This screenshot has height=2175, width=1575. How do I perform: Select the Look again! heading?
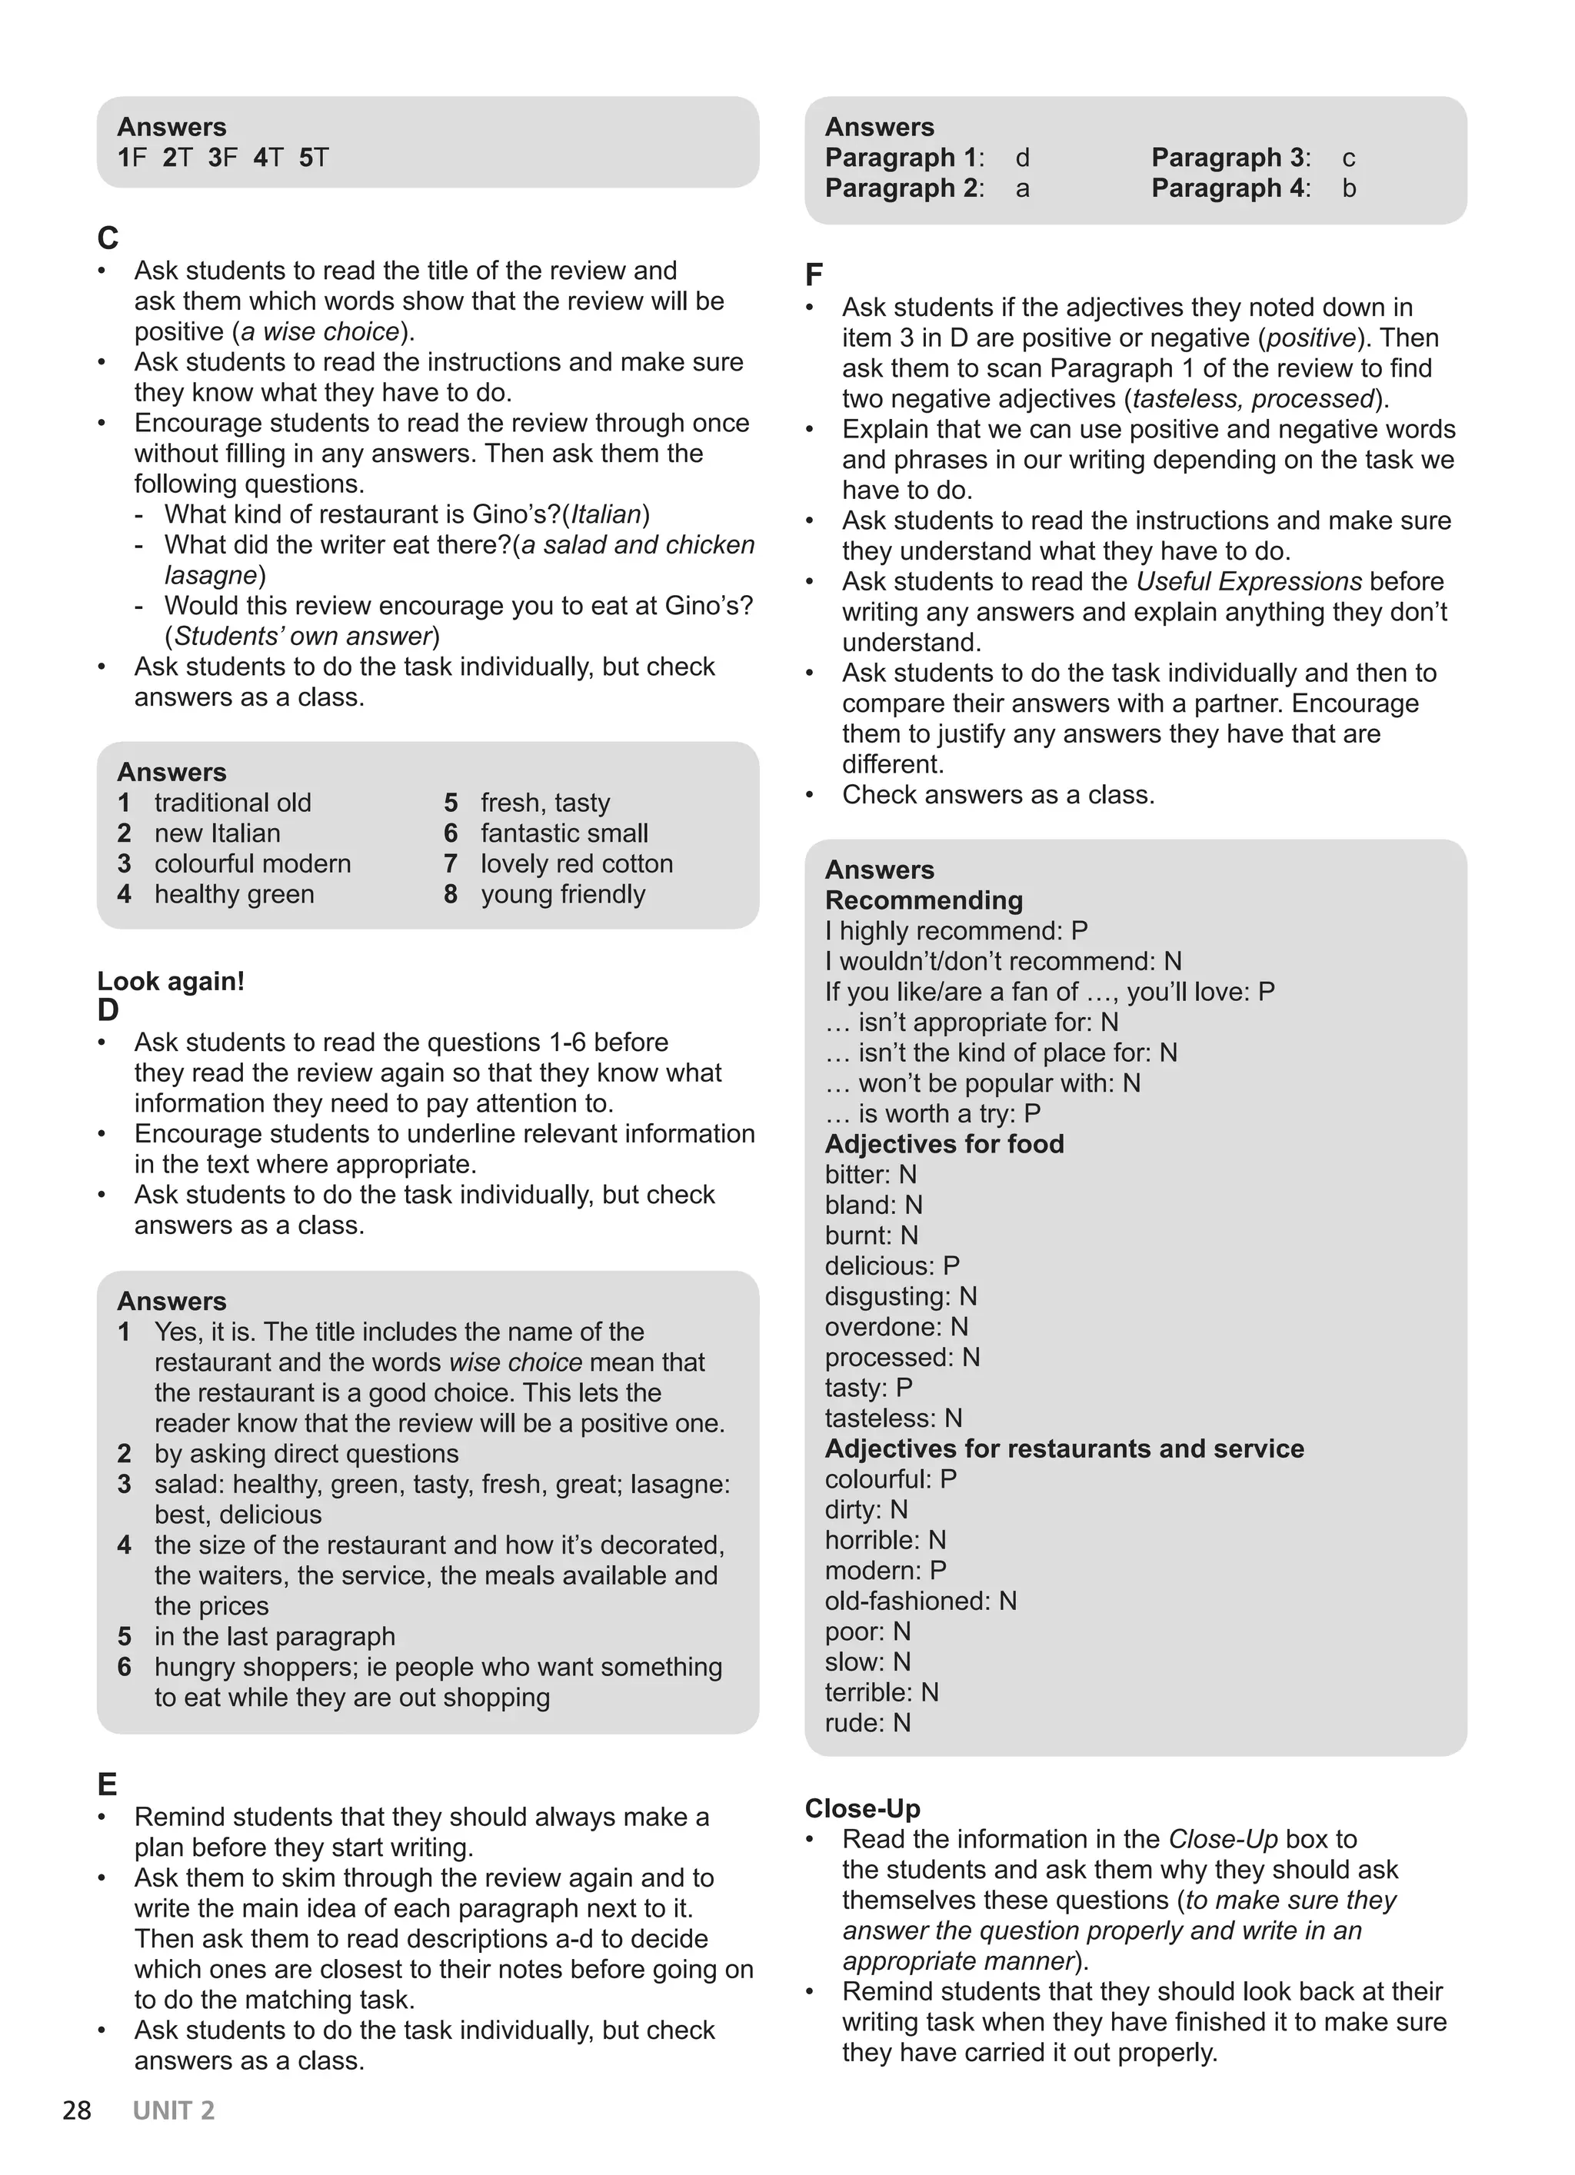tap(171, 981)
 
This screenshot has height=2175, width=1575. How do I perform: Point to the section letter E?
tap(108, 1784)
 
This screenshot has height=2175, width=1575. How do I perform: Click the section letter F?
tap(814, 275)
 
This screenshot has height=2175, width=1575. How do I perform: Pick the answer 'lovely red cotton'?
tap(577, 863)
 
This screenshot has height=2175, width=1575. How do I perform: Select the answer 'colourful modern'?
tap(252, 863)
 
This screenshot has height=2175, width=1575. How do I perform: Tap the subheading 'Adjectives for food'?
tap(944, 1143)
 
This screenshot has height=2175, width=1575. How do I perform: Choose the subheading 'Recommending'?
tap(924, 900)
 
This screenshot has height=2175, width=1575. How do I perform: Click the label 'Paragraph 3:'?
tap(1230, 158)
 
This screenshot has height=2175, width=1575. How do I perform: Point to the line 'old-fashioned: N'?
tap(921, 1601)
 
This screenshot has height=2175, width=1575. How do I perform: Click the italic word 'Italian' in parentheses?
tap(606, 514)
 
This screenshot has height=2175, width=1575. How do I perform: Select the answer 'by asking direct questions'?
tap(306, 1453)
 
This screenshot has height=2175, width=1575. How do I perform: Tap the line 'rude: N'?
tap(867, 1722)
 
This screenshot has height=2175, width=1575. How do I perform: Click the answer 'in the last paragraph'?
tap(275, 1636)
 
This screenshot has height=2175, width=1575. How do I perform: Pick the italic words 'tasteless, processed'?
tap(1254, 398)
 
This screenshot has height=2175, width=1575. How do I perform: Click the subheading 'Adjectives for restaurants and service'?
tap(1064, 1448)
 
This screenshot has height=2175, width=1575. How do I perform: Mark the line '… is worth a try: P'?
tap(932, 1112)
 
